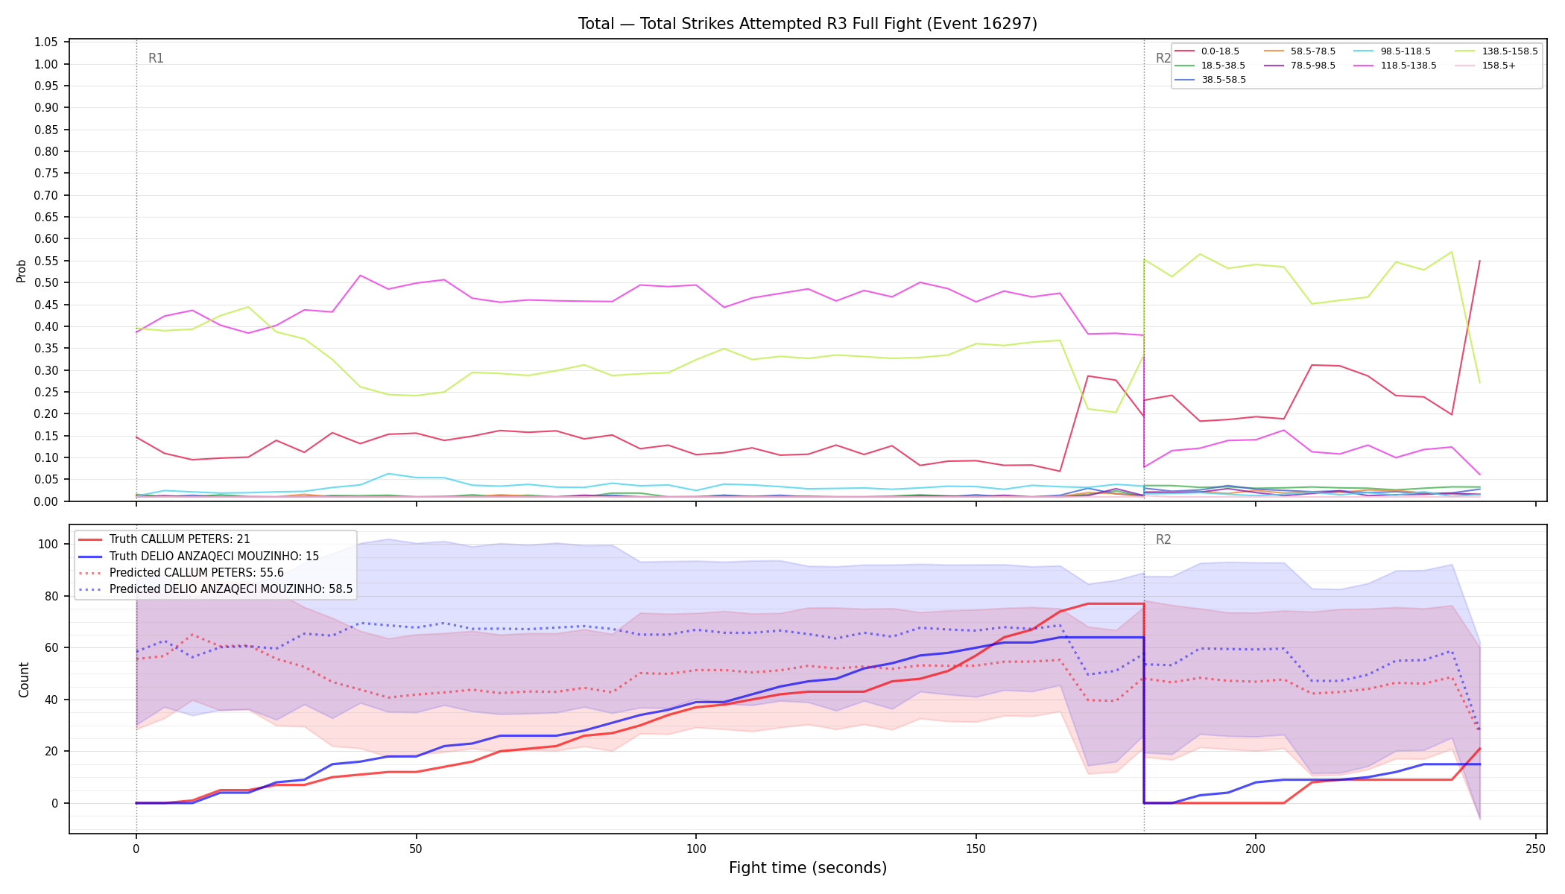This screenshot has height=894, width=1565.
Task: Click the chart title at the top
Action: (x=808, y=24)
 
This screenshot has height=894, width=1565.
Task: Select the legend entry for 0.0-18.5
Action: (x=1207, y=51)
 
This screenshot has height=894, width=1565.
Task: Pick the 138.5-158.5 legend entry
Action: (x=1496, y=51)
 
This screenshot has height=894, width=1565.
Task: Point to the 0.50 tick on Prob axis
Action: (x=46, y=283)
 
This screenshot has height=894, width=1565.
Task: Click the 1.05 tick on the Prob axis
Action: (x=46, y=42)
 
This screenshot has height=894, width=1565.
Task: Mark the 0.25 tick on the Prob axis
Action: (x=46, y=393)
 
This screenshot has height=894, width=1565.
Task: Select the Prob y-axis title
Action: (x=22, y=270)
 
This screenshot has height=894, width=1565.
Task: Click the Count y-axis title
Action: (x=24, y=679)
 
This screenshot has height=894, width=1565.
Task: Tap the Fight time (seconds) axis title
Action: (x=808, y=868)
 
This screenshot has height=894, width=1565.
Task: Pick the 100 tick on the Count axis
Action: (x=48, y=545)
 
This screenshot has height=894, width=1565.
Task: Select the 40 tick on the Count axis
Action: (x=51, y=700)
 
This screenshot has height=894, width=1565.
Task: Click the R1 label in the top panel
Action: (x=156, y=58)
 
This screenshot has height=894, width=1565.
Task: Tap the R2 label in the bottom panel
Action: (x=1163, y=539)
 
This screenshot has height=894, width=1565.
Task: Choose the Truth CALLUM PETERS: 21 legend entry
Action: (x=164, y=539)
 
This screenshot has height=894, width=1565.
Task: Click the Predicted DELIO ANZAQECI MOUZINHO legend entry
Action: (x=215, y=589)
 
